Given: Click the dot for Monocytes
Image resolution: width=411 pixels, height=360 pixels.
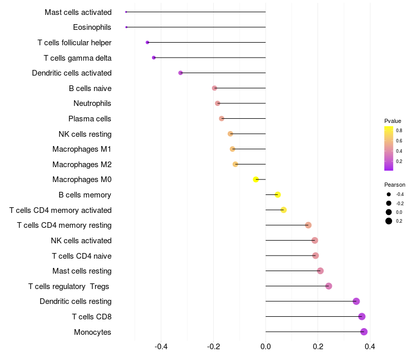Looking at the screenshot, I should coord(364,332).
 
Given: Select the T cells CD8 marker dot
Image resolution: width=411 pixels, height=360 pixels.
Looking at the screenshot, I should coord(362,317).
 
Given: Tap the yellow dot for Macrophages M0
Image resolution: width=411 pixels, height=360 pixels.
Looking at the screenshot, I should coord(256,179).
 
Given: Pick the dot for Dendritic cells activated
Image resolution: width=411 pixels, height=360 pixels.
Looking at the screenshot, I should coord(180,73).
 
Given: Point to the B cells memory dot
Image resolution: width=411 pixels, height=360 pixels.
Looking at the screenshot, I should coord(278,195).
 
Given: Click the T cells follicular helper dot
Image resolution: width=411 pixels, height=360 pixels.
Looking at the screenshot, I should coord(147,43).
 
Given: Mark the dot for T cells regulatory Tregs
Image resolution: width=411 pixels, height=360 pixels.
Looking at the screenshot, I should coord(329,286).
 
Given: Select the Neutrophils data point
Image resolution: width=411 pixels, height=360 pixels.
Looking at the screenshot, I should coord(217,103).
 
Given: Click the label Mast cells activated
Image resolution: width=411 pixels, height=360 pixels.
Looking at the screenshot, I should coord(78,12).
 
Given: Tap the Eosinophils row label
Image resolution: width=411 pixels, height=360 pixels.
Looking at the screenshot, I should coord(92,27).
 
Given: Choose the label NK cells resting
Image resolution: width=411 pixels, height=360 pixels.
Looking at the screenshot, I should coord(85,134).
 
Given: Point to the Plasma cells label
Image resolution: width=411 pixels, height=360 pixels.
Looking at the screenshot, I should coord(90,119).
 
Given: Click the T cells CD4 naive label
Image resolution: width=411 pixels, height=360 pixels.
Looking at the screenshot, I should coord(82,256).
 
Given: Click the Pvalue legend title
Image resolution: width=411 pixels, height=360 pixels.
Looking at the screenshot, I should coord(393,121).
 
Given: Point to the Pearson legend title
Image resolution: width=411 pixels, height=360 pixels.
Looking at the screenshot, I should coord(395,185).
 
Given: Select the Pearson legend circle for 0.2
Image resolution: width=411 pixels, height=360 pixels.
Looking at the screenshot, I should coord(389,221).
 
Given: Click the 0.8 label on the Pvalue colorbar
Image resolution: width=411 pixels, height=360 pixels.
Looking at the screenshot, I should coord(399,131).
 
